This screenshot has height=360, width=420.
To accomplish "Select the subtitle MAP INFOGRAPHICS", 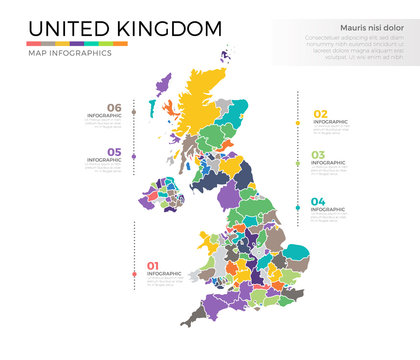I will click(69, 53).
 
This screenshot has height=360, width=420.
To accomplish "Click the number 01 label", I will click(153, 265).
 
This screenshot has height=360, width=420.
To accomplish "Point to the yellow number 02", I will click(321, 114).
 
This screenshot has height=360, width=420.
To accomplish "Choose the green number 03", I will click(319, 155).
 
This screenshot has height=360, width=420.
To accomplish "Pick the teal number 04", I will click(319, 202).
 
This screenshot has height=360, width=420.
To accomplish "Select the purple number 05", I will click(114, 152).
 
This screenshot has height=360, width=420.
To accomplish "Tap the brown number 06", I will click(114, 108).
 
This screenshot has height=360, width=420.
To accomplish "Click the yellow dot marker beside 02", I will click(299, 123).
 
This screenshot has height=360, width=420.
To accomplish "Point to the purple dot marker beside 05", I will click(135, 160).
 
